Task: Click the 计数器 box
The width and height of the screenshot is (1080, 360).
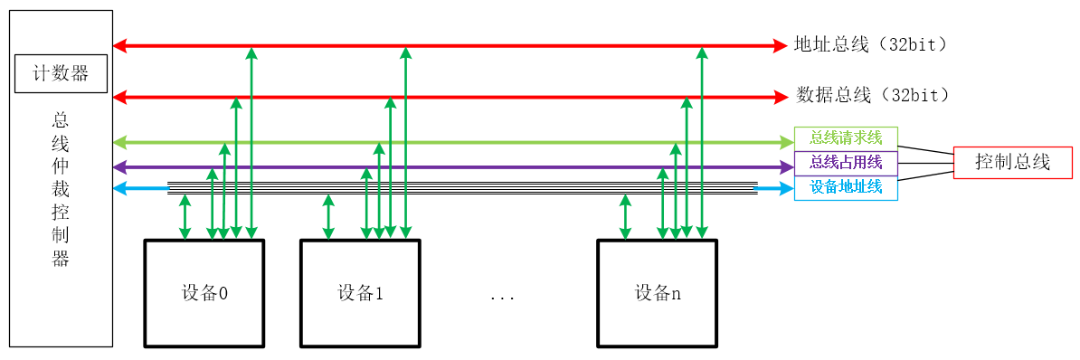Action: (x=62, y=74)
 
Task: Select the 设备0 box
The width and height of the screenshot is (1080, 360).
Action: (x=204, y=293)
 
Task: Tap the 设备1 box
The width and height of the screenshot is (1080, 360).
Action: (x=360, y=293)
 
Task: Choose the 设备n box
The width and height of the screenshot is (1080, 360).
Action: (x=656, y=293)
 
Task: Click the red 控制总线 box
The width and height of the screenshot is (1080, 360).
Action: (x=1012, y=163)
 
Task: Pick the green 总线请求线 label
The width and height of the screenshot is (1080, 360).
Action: (x=845, y=138)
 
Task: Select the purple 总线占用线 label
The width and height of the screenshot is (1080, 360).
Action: (x=845, y=163)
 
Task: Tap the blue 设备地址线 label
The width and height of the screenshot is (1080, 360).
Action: (x=845, y=187)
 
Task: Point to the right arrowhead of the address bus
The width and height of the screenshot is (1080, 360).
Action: (x=782, y=45)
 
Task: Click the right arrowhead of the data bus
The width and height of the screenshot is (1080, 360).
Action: (x=782, y=96)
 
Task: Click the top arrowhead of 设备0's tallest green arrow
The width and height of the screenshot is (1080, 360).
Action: (x=251, y=52)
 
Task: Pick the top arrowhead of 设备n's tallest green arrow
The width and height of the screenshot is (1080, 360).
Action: (x=701, y=52)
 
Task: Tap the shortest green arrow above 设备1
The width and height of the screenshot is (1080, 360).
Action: (x=328, y=217)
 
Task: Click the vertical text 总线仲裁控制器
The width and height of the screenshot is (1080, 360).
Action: (x=61, y=190)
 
